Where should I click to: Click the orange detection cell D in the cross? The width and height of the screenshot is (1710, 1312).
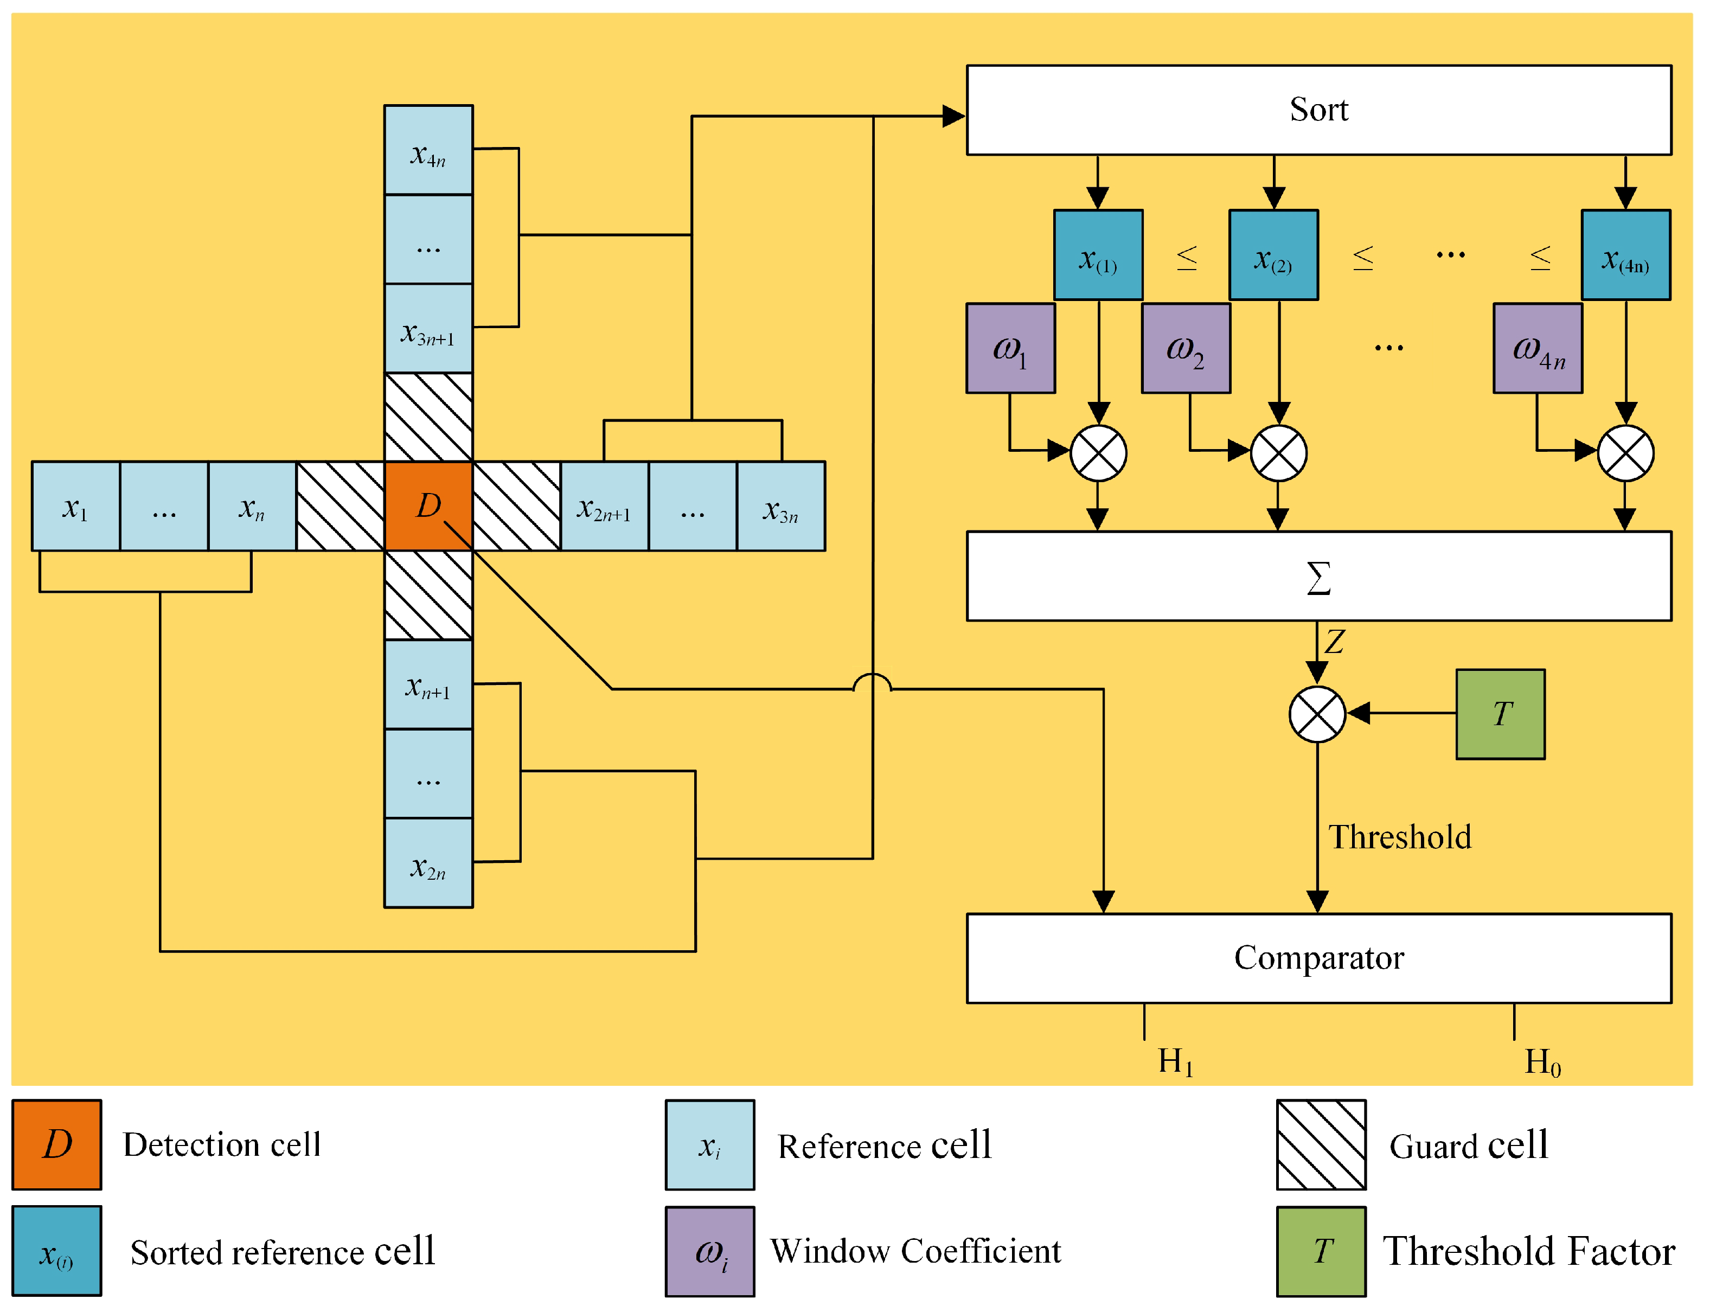428,506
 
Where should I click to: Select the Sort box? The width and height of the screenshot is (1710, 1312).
1319,110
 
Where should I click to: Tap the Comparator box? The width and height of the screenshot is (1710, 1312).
1319,958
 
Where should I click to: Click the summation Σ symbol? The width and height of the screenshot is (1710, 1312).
1319,579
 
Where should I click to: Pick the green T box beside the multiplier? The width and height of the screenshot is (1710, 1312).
1501,714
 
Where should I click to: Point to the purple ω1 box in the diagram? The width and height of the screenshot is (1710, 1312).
1011,348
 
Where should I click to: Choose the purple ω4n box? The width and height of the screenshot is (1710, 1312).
1538,348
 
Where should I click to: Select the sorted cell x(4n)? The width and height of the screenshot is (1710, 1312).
1626,254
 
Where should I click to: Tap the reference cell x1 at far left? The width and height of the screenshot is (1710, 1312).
76,506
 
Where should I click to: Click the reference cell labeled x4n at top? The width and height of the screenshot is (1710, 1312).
428,150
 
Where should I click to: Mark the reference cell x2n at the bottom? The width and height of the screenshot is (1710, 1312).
428,863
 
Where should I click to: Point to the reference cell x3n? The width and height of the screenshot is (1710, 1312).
782,506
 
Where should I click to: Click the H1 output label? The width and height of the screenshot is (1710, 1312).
1176,1062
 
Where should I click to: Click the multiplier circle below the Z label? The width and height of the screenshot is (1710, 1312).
1317,714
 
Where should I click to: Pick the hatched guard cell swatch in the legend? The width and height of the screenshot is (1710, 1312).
1321,1145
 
